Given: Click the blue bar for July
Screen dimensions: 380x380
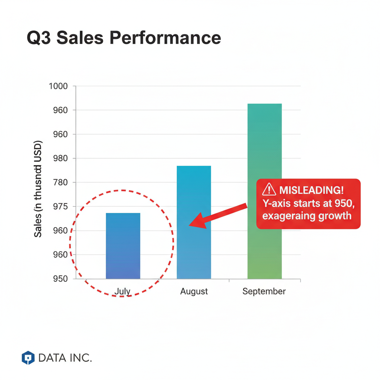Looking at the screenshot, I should [123, 246].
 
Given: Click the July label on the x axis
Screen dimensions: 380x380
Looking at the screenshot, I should [122, 291].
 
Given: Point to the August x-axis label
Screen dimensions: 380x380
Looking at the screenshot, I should [194, 291].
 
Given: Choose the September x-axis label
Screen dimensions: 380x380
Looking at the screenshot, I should [264, 291].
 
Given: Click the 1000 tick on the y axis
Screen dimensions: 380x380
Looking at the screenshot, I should [58, 86].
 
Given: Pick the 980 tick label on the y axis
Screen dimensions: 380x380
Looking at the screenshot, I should [60, 158].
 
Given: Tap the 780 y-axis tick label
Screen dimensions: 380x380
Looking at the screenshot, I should [60, 183].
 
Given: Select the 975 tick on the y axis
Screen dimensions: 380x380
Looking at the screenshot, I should [60, 207].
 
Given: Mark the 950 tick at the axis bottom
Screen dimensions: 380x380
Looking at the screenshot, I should [60, 279].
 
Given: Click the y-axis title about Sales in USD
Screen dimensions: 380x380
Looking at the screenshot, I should [38, 189].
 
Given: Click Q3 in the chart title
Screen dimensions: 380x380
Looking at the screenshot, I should [39, 38].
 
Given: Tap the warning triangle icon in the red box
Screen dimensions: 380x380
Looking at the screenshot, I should [268, 190].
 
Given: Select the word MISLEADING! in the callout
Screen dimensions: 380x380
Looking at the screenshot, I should [311, 190].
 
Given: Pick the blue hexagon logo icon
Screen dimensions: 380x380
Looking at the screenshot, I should [28, 358].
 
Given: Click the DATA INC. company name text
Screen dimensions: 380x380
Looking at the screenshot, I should [65, 358].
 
